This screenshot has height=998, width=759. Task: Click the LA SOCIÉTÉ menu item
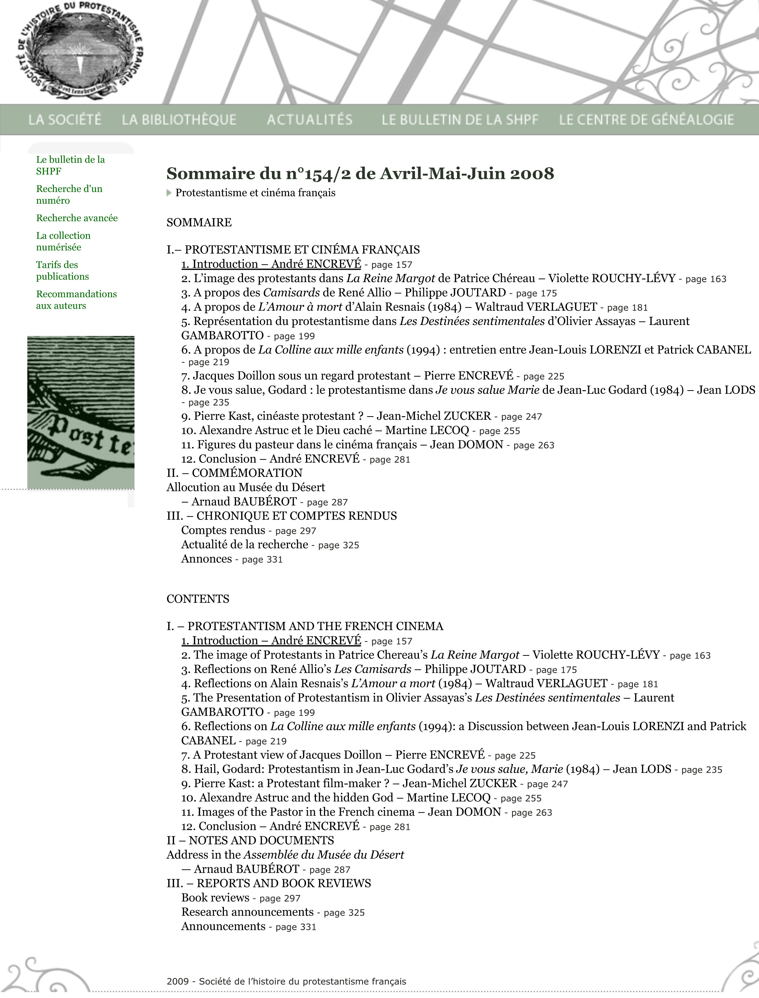pos(65,120)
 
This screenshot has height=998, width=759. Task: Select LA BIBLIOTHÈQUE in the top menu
pos(179,120)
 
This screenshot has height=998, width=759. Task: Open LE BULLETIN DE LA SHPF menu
pos(460,120)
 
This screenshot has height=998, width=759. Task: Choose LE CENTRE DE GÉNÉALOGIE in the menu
pos(646,120)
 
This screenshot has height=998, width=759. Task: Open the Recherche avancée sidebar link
pos(77,218)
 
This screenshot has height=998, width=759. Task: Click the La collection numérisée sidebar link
pos(63,241)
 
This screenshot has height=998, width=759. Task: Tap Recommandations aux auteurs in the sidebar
pos(76,300)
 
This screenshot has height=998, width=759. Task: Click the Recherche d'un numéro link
pos(69,195)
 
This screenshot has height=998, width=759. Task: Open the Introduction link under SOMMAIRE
pos(271,264)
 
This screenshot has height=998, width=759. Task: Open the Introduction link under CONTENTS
pos(271,641)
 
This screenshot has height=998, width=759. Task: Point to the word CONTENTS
pos(198,599)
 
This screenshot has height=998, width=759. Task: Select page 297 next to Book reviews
pos(280,899)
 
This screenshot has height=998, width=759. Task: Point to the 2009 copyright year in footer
pos(177,981)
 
